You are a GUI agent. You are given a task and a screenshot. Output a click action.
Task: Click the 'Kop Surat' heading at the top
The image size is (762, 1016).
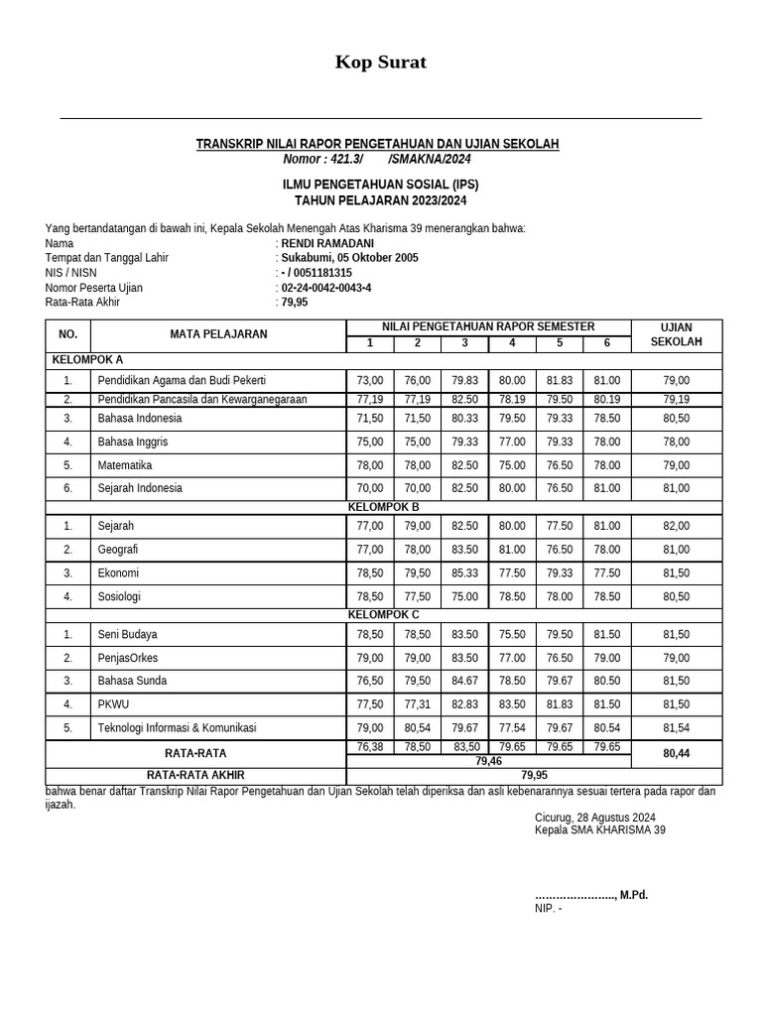[381, 63]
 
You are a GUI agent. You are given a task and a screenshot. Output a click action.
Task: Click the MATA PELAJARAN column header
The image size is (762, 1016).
[218, 334]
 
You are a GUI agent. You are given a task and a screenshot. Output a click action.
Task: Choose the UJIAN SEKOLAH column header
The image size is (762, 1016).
[676, 334]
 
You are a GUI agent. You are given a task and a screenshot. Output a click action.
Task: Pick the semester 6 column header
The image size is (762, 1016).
[606, 343]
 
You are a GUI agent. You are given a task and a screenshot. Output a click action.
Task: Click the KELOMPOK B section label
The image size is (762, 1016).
[384, 507]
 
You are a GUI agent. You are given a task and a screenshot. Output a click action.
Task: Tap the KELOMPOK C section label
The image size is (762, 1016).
[384, 615]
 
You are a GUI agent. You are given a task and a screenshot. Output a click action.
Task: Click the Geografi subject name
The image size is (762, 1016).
[118, 550]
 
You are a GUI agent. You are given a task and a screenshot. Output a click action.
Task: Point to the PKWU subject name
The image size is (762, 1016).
[112, 704]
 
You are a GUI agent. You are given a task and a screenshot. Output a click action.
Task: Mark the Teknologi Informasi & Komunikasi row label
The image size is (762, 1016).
[177, 728]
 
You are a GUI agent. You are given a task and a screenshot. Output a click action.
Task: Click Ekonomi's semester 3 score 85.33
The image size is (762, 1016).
[464, 573]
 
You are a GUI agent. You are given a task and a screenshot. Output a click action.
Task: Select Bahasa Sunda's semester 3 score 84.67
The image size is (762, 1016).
[464, 682]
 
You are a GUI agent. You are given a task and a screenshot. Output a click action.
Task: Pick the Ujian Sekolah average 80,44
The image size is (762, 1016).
[676, 754]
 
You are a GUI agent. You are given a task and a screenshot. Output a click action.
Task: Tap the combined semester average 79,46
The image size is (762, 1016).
[488, 761]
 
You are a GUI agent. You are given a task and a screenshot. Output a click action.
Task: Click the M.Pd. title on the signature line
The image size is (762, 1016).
[634, 895]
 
